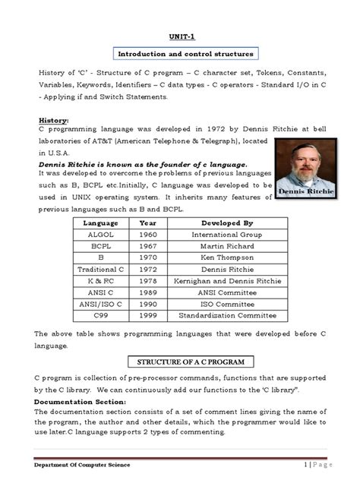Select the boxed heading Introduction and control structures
(179, 54)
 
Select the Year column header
(147, 223)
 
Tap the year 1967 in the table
(147, 247)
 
